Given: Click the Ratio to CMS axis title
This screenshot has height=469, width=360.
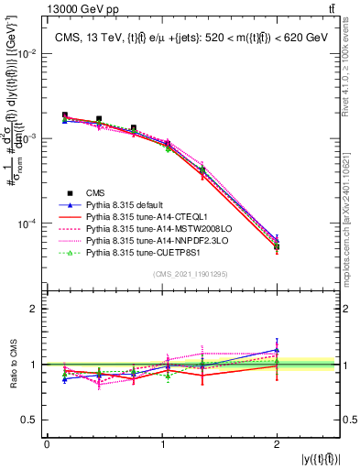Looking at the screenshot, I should click(13, 367).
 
